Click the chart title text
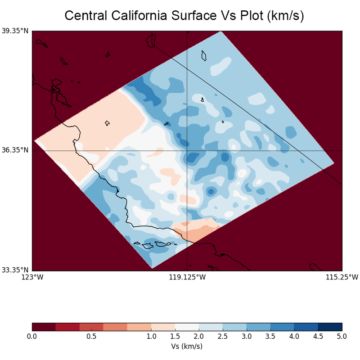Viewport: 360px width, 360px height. tap(184, 16)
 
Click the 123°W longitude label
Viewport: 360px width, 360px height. tap(32, 277)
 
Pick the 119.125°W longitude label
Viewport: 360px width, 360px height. tap(187, 277)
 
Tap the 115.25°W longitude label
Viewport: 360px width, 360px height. tap(342, 277)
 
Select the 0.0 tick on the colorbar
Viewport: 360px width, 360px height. tap(32, 336)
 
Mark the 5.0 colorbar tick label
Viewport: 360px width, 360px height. tap(342, 336)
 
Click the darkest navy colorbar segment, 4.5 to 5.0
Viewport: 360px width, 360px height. tap(330, 327)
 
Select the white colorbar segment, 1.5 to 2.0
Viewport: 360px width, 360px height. tap(187, 327)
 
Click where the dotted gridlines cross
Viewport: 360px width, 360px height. tap(187, 150)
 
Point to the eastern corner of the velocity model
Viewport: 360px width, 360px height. tap(333, 163)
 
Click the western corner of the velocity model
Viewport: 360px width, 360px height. tap(35, 140)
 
